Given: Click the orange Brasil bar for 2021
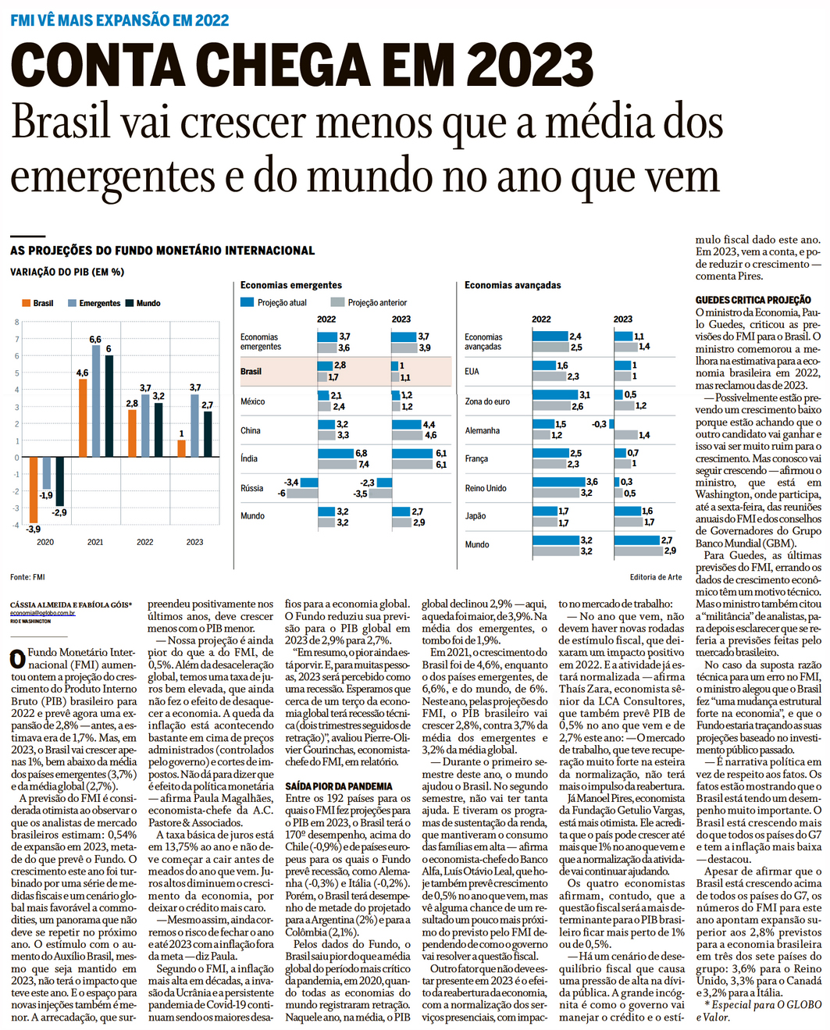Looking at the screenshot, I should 83,419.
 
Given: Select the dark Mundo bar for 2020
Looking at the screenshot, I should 60,481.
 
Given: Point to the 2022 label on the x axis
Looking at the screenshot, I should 145,542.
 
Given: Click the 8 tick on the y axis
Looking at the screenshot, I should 16,322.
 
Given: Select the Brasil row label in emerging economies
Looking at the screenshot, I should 251,372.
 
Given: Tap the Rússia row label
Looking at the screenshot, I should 251,488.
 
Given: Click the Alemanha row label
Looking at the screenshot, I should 482,430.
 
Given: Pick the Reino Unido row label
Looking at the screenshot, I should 486,488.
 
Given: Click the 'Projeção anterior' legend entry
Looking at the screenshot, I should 369,302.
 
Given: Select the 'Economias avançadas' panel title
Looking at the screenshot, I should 513,285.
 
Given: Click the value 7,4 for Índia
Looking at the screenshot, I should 364,465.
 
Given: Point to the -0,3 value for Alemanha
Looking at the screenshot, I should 599,424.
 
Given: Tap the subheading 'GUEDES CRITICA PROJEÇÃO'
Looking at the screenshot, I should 753,300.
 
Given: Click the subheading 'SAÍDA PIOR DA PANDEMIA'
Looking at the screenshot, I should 339,786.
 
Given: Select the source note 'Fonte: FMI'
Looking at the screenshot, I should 27,577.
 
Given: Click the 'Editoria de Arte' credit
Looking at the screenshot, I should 656,577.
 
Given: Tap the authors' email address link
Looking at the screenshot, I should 43,613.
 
